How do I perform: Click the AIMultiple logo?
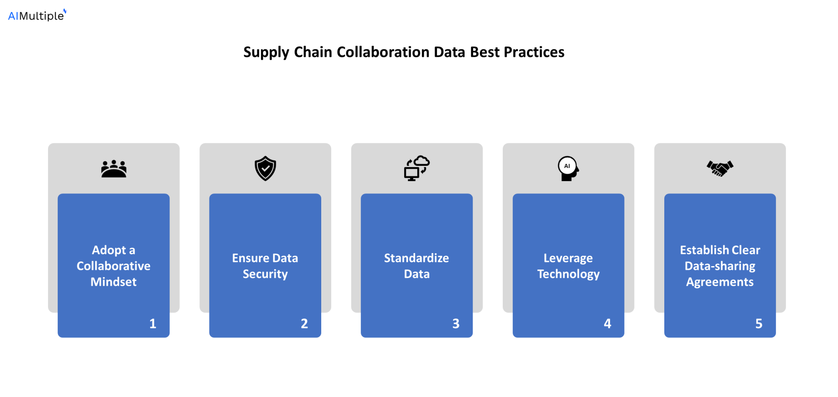click(37, 15)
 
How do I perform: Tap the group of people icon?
click(113, 169)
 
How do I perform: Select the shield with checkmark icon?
click(265, 168)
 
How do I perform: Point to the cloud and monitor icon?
click(416, 168)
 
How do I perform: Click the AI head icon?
click(568, 168)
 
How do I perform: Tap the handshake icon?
click(720, 168)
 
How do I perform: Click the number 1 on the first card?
click(153, 324)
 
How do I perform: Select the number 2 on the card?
click(304, 324)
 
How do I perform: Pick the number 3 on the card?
click(456, 324)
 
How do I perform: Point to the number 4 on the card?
click(607, 324)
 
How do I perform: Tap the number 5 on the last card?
click(759, 324)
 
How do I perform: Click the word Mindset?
click(113, 282)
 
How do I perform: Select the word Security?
click(265, 274)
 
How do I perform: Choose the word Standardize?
click(416, 258)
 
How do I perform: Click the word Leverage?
click(568, 258)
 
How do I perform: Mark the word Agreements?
click(720, 282)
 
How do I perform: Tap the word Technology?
click(568, 274)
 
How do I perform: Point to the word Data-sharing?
click(720, 266)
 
